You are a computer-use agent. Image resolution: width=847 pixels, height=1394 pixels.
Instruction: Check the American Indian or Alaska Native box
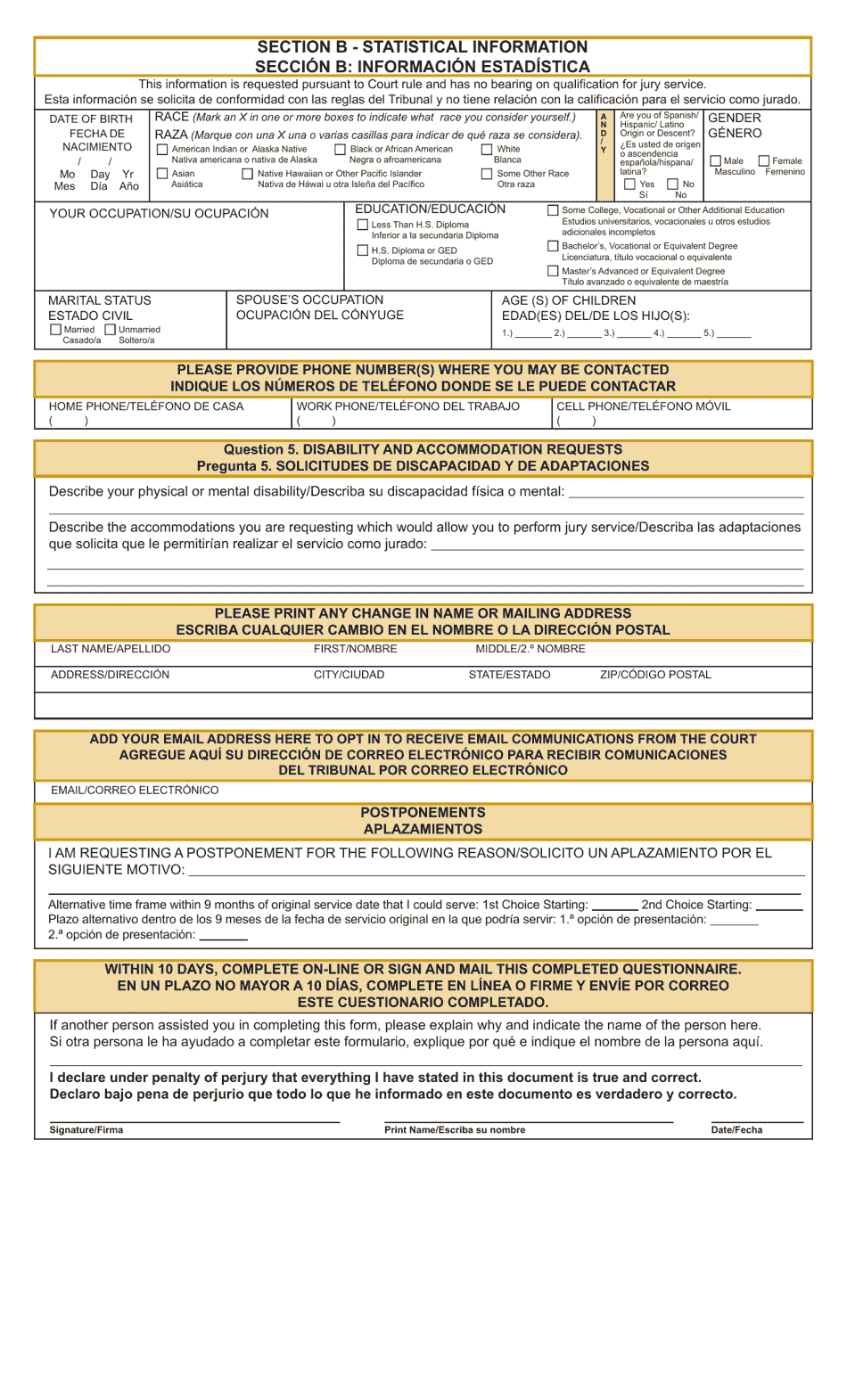[162, 150]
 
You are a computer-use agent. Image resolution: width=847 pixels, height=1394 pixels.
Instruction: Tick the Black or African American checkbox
[340, 150]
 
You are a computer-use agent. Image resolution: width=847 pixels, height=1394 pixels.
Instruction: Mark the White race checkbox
[487, 150]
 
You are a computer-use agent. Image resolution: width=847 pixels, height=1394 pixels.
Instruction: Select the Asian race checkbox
[162, 174]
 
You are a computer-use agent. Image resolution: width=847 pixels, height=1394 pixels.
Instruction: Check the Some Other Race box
[487, 174]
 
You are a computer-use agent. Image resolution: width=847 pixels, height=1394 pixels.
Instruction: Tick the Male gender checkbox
[716, 161]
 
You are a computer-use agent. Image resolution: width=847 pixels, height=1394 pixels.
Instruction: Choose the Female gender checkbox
[764, 161]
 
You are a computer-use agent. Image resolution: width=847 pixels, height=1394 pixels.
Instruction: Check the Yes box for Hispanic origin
[630, 184]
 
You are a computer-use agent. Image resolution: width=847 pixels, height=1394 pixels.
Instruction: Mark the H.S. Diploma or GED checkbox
[363, 250]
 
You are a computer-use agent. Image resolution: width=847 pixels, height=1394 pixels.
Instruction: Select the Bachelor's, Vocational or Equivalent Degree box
[554, 246]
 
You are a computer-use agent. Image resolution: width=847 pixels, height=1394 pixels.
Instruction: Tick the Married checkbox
[56, 330]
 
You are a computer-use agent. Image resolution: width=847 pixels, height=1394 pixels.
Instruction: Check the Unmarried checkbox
[111, 330]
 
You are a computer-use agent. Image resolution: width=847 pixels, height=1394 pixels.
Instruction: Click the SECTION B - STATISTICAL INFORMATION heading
[422, 47]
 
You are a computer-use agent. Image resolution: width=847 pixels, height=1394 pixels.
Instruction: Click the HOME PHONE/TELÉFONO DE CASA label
[146, 406]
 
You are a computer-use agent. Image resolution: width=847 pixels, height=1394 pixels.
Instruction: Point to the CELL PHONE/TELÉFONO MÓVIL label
[643, 406]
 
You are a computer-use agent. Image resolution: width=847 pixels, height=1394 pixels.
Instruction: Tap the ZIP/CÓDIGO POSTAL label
[655, 675]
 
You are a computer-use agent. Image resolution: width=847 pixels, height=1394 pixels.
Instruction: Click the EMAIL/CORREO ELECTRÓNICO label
[135, 791]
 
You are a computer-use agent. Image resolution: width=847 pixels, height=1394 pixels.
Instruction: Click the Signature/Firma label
[86, 1130]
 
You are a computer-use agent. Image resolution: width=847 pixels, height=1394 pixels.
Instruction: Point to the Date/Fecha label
[736, 1130]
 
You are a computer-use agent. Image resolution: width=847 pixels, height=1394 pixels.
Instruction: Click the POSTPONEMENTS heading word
[423, 813]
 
